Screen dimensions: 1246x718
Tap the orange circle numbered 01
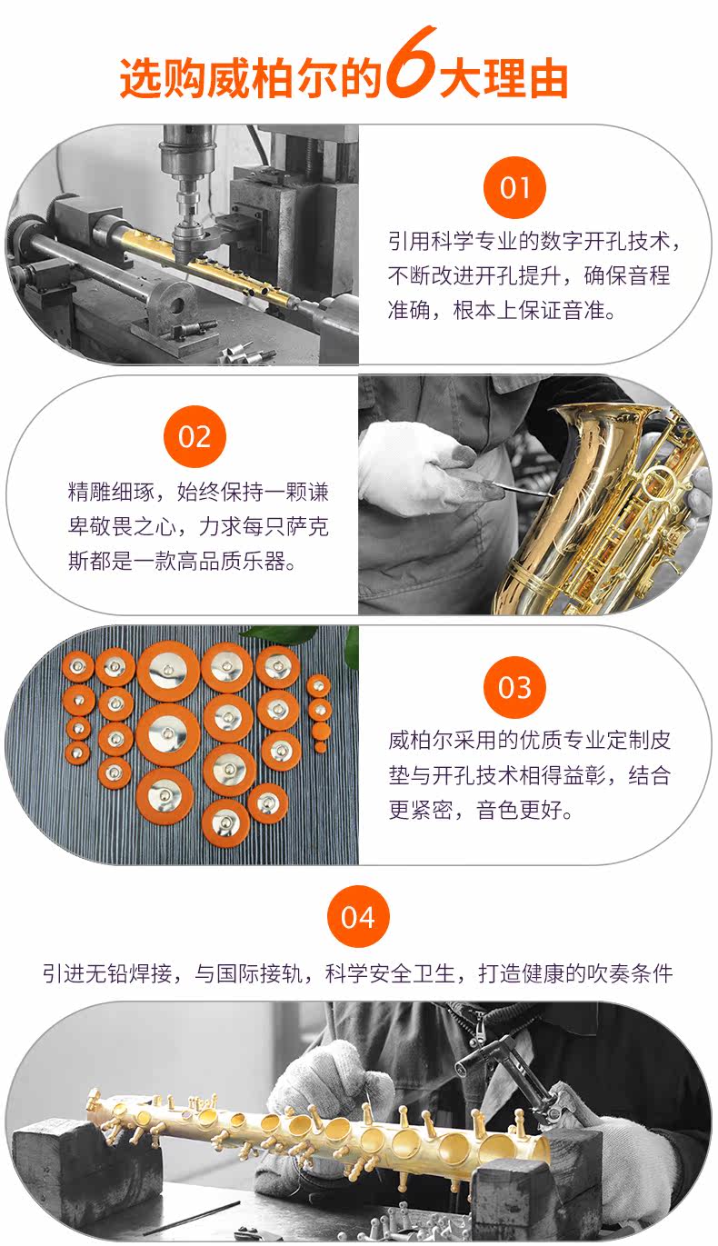pyautogui.click(x=514, y=188)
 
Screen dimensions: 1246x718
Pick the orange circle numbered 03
pyautogui.click(x=514, y=687)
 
